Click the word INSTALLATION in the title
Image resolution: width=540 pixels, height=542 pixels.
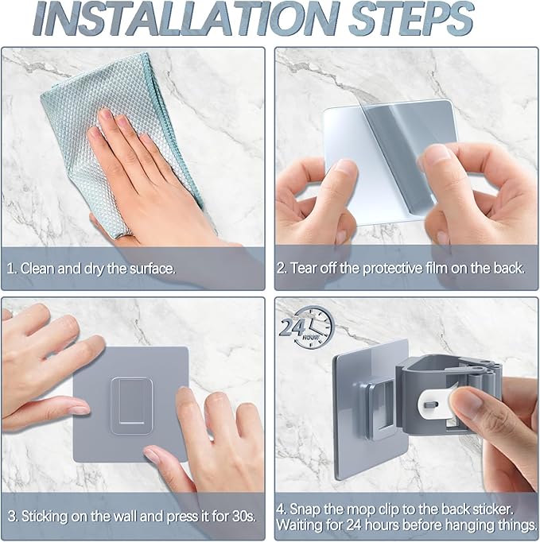186,18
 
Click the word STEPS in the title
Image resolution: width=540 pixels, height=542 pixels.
411,18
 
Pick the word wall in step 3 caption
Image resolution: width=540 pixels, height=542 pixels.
126,516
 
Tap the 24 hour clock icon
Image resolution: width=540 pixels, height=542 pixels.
308,327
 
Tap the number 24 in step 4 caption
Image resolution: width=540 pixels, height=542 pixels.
354,525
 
